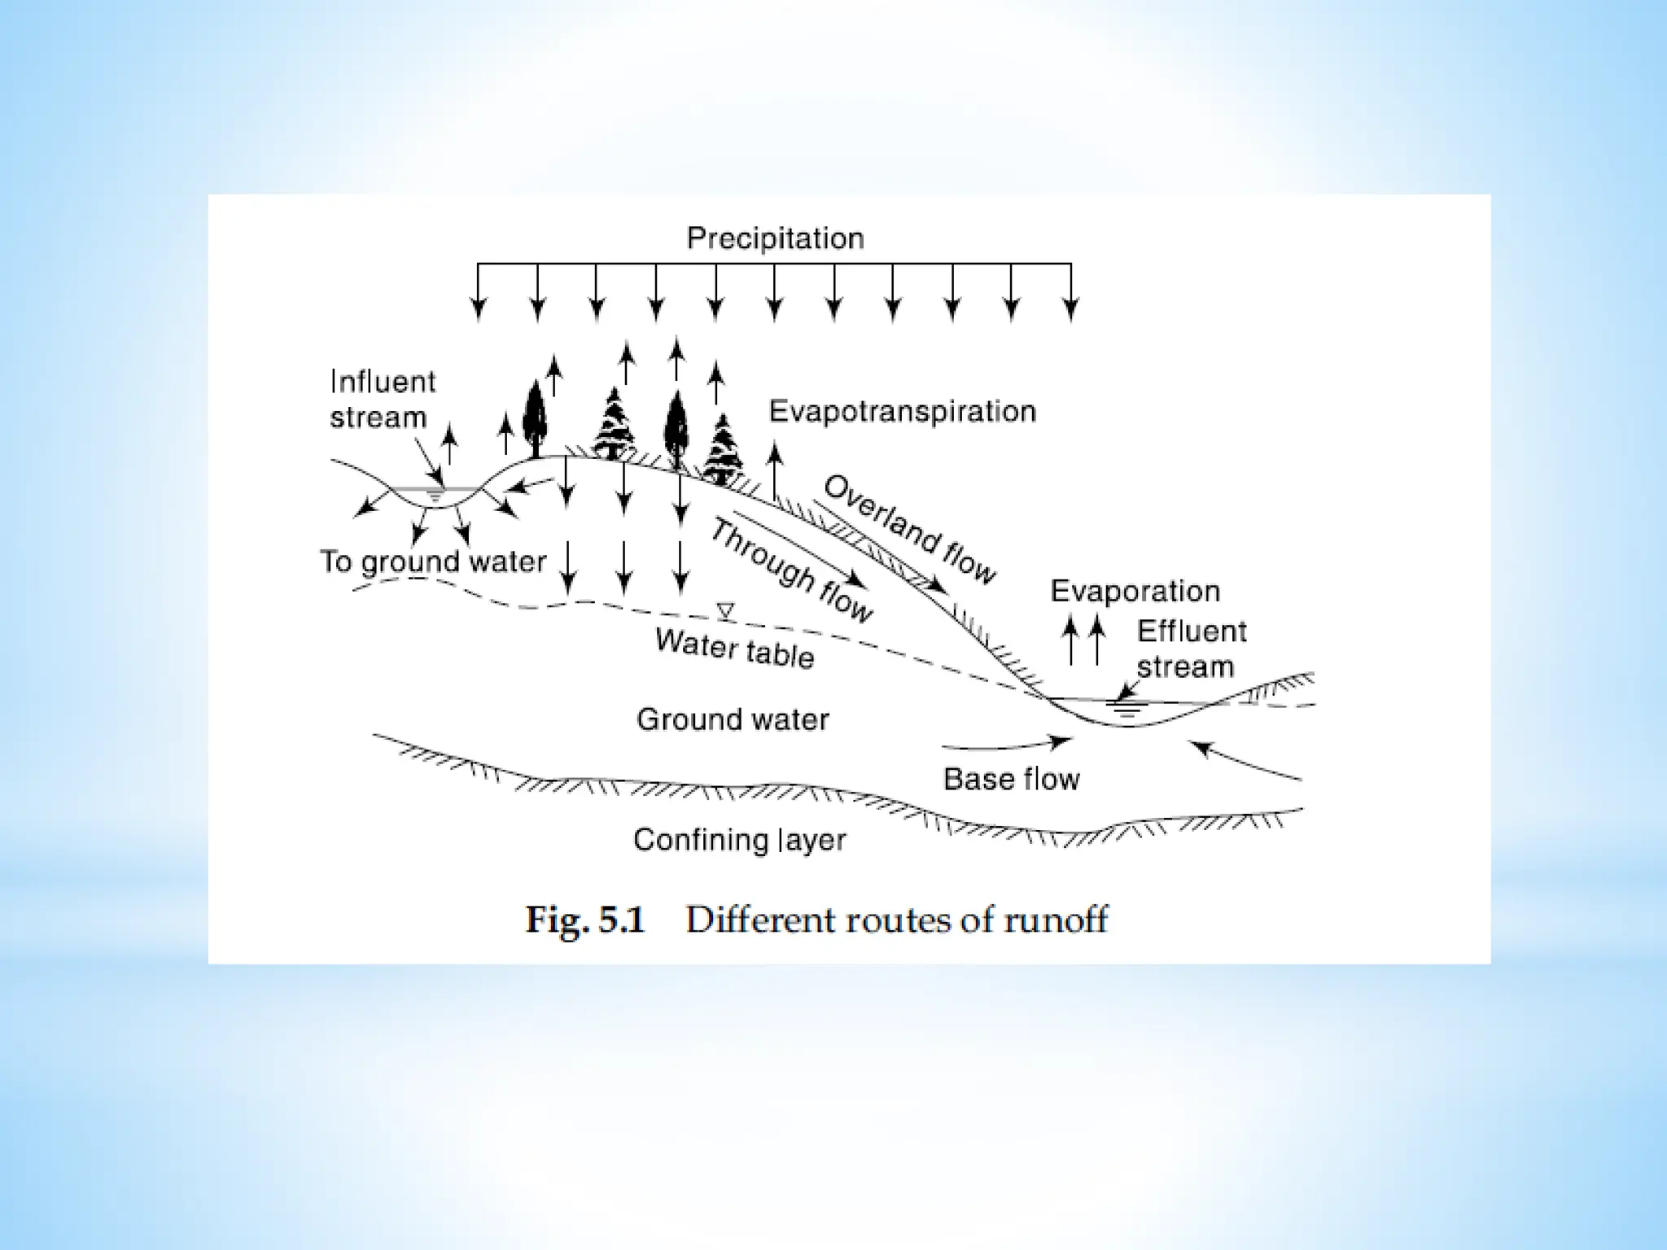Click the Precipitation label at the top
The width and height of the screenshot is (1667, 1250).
coord(775,238)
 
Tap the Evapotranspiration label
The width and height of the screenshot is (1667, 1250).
coord(902,412)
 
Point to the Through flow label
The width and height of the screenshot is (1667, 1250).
coord(791,570)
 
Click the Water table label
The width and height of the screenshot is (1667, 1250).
coord(734,649)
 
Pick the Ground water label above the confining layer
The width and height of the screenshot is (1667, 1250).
coord(733,719)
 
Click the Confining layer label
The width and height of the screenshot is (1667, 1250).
coord(739,840)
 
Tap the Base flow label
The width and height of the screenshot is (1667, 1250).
coord(1011,780)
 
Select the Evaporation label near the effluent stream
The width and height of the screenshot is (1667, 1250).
coord(1135,591)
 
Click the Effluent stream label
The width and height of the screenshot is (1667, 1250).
coord(1191,649)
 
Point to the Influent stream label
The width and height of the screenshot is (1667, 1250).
coord(382,400)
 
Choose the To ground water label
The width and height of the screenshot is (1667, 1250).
coord(432,562)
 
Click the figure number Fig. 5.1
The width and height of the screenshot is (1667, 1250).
coord(584,920)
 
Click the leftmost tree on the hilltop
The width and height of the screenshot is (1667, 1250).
coord(534,418)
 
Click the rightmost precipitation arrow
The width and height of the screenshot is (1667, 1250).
coord(1071,293)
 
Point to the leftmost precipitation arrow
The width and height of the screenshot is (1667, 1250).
coord(479,293)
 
